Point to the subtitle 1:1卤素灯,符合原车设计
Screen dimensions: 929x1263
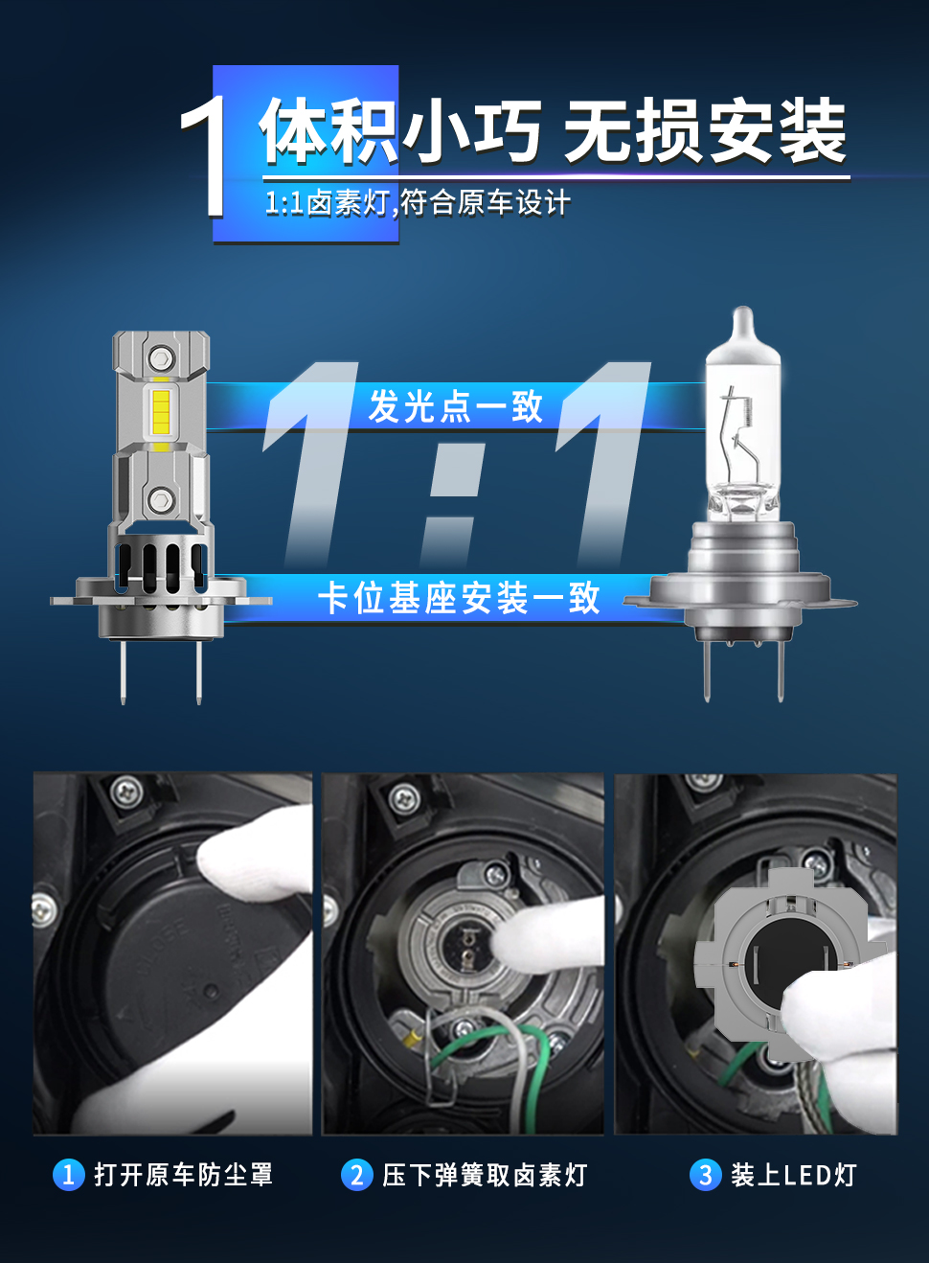tap(418, 203)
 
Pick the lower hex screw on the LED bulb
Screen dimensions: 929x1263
tap(161, 499)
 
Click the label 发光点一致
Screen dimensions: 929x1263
tap(455, 406)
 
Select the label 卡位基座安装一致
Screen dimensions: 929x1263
tap(459, 598)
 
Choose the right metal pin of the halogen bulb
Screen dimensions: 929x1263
tap(781, 671)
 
